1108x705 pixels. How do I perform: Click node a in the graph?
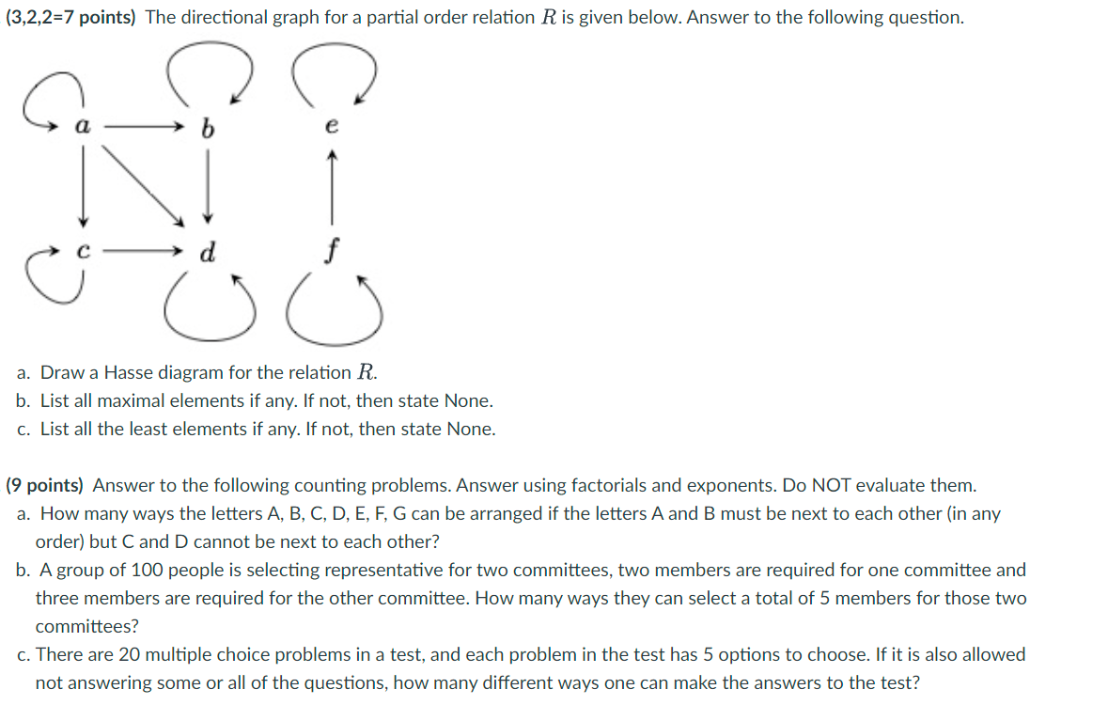(84, 126)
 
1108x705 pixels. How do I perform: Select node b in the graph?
(208, 127)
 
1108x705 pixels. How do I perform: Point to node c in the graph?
(84, 252)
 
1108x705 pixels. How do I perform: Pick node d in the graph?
(209, 251)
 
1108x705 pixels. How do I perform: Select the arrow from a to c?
(84, 188)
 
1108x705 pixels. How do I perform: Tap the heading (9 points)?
(44, 485)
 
